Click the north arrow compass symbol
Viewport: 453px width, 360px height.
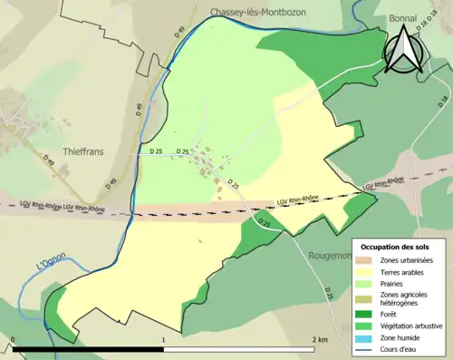(x=403, y=53)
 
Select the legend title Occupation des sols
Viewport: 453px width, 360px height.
(x=397, y=247)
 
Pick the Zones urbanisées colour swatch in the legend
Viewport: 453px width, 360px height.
(x=364, y=260)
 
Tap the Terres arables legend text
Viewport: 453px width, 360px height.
(x=404, y=271)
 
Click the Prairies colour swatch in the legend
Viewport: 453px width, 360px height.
(x=364, y=283)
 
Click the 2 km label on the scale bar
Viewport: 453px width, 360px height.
(x=318, y=340)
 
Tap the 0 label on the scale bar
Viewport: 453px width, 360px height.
(x=14, y=340)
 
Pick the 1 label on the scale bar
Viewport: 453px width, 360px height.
(x=163, y=340)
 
